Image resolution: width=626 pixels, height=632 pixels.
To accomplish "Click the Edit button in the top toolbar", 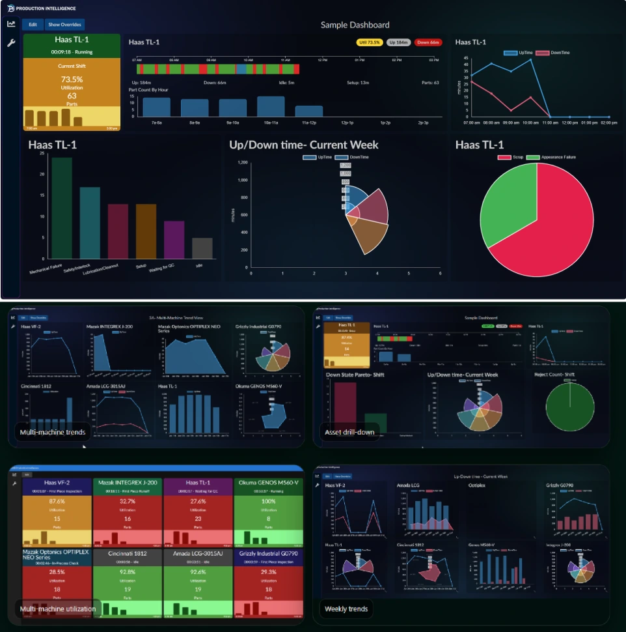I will [x=33, y=25].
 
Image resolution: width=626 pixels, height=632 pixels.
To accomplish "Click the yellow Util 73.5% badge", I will [x=370, y=42].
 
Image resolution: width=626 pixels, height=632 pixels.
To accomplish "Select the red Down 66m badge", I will [x=428, y=42].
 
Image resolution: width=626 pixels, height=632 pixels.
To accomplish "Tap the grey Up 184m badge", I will [x=398, y=42].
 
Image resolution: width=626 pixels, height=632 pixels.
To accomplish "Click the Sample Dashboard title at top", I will [x=355, y=25].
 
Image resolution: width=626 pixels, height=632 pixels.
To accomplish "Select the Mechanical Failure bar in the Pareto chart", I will [x=62, y=208].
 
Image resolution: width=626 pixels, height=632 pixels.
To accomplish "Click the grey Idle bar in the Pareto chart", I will [x=202, y=248].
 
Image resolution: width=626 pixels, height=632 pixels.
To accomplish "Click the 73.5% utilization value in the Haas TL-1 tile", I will [x=72, y=79].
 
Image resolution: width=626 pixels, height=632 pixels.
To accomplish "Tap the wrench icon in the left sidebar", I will [x=11, y=43].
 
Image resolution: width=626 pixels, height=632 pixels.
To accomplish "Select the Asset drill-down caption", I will [x=351, y=432].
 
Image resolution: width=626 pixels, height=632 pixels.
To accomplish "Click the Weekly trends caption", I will [x=346, y=609].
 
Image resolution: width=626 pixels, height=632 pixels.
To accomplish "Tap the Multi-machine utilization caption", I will [x=58, y=609].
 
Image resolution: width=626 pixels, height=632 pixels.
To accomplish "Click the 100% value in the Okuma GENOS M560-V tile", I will [x=267, y=501].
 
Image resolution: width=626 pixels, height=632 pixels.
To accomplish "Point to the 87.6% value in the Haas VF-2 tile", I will [x=57, y=501].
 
